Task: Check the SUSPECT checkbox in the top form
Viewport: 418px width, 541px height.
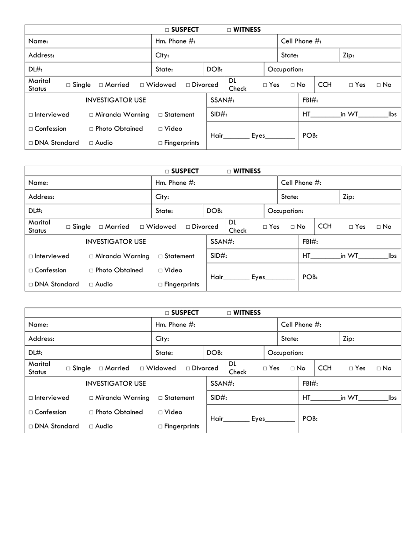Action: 167,30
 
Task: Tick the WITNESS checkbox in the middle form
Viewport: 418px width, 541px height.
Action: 229,172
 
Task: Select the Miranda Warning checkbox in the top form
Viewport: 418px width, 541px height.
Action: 92,115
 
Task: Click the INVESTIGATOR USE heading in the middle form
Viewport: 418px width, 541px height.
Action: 115,241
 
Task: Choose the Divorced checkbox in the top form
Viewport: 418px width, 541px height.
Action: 188,85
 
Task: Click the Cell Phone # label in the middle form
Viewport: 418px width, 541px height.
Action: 301,183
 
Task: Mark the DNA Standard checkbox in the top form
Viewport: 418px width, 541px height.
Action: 31,143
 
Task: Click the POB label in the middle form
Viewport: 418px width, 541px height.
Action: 310,277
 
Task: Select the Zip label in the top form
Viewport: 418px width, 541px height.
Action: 348,55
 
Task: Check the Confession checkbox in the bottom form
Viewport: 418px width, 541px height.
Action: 31,413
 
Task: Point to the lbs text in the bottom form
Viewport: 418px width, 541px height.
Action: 392,398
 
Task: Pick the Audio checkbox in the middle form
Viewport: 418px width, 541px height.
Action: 92,285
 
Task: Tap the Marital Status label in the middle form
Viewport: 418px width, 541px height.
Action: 40,226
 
